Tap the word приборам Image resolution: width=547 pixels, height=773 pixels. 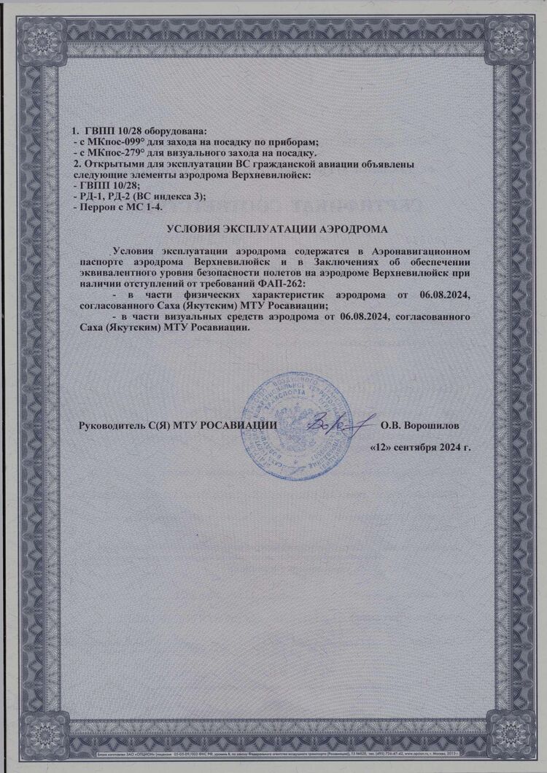(x=300, y=142)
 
